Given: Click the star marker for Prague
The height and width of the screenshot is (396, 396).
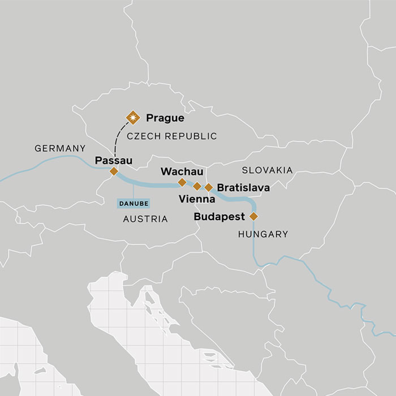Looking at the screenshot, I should pyautogui.click(x=134, y=118).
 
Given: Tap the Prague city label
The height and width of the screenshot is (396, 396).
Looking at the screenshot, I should pyautogui.click(x=165, y=118).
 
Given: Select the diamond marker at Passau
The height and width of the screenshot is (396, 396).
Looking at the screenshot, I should pyautogui.click(x=114, y=171).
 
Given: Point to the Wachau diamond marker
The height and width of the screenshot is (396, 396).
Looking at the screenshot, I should pyautogui.click(x=182, y=182).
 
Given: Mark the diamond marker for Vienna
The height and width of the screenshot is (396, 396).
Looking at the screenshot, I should pyautogui.click(x=197, y=186).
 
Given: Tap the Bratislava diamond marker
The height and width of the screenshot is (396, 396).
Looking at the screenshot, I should pyautogui.click(x=208, y=187).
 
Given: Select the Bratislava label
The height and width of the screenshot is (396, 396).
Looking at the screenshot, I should pyautogui.click(x=243, y=187).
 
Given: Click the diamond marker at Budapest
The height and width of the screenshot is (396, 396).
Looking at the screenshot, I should pyautogui.click(x=253, y=216).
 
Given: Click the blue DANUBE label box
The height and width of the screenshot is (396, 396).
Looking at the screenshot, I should pyautogui.click(x=133, y=203).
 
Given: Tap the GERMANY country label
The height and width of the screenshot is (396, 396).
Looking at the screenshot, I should pyautogui.click(x=60, y=149).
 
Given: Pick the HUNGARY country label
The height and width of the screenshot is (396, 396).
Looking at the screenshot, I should pyautogui.click(x=263, y=234).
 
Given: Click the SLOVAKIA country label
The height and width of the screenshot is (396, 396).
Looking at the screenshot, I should pyautogui.click(x=267, y=170).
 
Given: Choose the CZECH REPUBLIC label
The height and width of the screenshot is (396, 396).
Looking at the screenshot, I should pyautogui.click(x=171, y=136).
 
